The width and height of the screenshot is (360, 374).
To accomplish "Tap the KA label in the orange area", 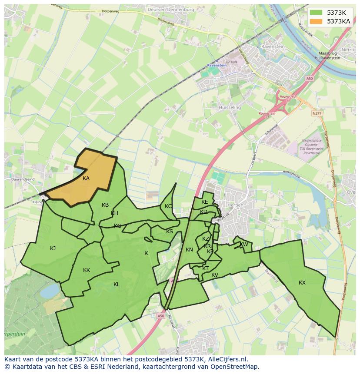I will coord(86,179).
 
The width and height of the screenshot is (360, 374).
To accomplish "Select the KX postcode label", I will coord(302,283).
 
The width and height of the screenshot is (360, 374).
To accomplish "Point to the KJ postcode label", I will coord(53,248).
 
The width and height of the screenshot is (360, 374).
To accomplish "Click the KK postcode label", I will coord(87,270).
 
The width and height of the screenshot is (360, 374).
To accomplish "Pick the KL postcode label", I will coord(117,285).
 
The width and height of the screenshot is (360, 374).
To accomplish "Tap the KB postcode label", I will coord(105,205).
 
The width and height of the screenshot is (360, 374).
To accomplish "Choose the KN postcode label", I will coord(189,250).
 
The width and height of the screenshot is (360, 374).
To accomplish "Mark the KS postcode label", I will coord(170,232).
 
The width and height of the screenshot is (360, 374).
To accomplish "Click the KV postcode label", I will coord(215,275).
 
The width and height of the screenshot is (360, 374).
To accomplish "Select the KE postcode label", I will coord(205,202).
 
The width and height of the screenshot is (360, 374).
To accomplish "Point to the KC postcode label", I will coord(168,206).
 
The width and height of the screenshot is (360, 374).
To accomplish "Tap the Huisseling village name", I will coord(230,107).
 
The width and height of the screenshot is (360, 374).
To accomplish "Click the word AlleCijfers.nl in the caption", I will coord(226,360).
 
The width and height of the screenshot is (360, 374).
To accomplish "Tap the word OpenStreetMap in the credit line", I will coord(234,367).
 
